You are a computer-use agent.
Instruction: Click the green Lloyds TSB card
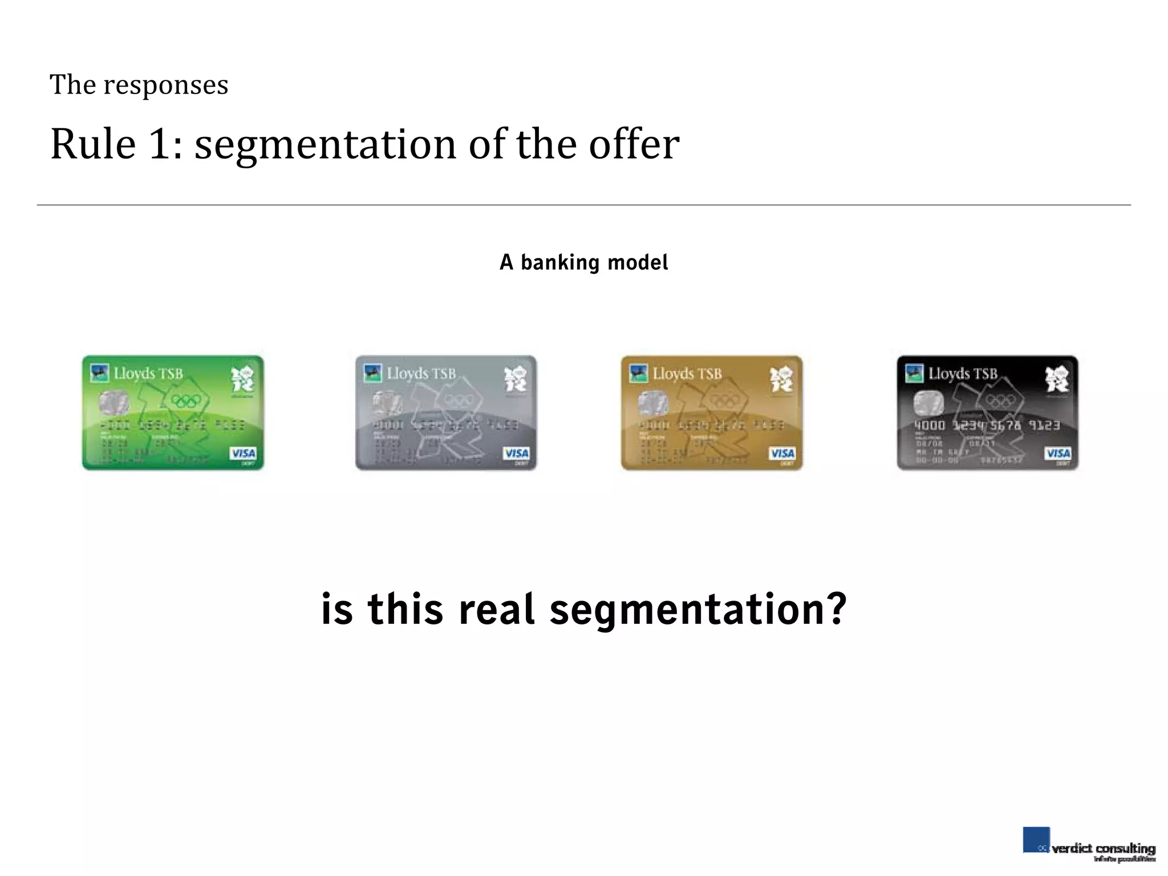[173, 413]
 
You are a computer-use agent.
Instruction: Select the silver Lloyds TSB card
[446, 413]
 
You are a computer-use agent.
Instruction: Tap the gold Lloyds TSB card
[711, 413]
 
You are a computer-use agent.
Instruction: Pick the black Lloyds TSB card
[987, 413]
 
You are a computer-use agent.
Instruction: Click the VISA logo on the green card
[243, 453]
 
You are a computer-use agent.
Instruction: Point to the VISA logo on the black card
[1058, 453]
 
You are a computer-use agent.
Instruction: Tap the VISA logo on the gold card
[782, 453]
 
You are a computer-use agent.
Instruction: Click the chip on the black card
[928, 404]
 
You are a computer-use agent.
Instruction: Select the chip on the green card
[113, 404]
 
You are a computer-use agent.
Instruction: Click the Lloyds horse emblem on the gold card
[638, 374]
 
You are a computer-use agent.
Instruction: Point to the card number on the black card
[987, 425]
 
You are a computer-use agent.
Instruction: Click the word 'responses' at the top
[165, 86]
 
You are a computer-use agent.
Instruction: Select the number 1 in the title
[160, 144]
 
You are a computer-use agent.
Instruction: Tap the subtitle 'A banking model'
[583, 263]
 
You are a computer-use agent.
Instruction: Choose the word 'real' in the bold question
[496, 609]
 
